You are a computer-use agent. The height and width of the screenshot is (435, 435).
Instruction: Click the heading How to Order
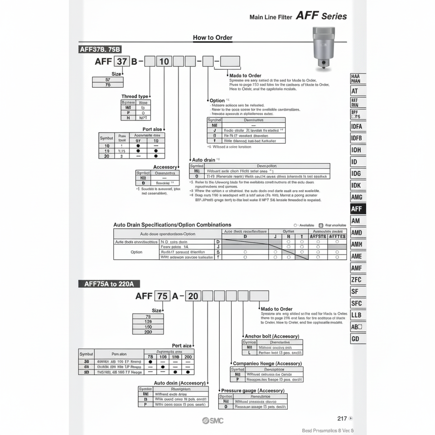point(213,38)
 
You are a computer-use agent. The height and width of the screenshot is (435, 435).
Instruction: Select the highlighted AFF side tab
point(357,209)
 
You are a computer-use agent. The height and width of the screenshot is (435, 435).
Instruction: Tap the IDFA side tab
point(357,126)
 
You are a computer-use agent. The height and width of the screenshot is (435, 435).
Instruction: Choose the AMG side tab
point(357,197)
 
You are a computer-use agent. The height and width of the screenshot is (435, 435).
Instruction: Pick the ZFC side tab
point(357,280)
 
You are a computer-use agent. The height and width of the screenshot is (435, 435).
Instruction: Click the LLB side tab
point(357,315)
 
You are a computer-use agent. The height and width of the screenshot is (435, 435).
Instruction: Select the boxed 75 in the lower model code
point(162,296)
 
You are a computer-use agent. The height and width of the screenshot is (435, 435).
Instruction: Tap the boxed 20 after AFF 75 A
point(193,296)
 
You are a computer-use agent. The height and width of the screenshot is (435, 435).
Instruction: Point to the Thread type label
point(135,97)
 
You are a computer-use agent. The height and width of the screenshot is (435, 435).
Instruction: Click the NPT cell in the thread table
point(143,117)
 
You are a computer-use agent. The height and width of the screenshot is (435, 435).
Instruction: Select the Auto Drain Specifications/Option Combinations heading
point(172,225)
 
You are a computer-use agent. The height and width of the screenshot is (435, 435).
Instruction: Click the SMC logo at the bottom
point(213,420)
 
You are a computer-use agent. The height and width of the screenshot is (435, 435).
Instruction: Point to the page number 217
point(343,419)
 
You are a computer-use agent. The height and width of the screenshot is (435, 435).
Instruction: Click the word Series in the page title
point(334,16)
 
